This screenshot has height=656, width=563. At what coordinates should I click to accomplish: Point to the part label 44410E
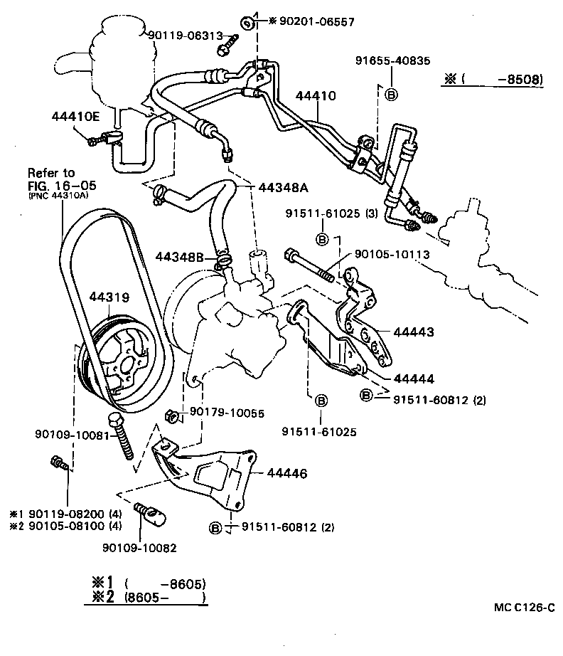tap(76, 116)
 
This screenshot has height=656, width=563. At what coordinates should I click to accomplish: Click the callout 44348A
tap(282, 188)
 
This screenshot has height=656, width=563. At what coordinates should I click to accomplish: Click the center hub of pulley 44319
tap(127, 368)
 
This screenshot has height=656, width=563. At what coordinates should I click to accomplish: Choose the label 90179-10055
tap(226, 413)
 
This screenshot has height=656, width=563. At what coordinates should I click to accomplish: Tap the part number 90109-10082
tap(139, 548)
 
